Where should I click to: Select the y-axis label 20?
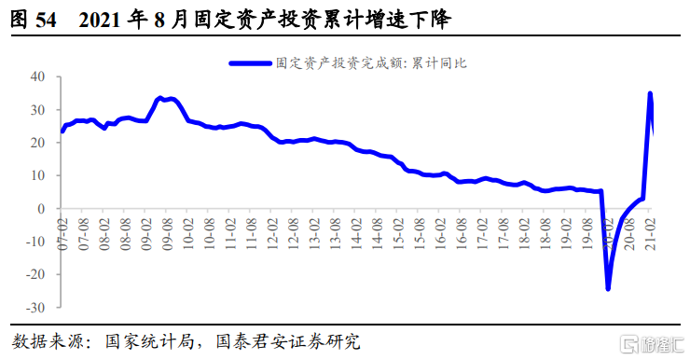42,143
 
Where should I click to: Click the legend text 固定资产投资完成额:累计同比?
371,63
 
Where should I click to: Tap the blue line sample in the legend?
249,63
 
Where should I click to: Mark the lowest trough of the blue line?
608,288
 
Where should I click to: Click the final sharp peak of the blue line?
650,93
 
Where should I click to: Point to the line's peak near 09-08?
161,98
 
